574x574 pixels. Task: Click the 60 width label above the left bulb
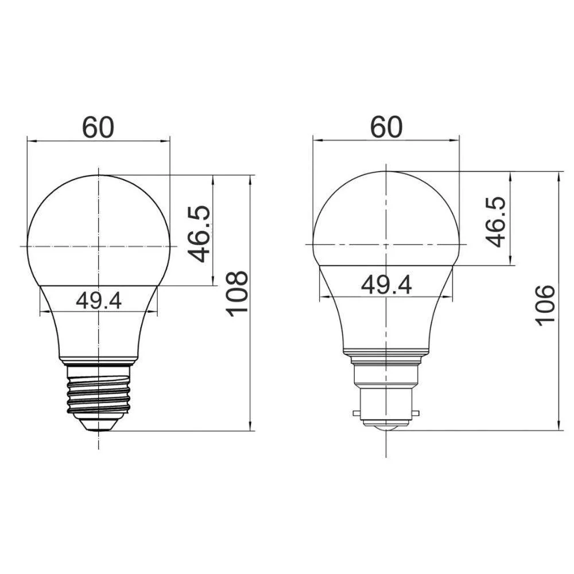(x=99, y=127)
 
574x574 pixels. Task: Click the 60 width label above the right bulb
(x=386, y=127)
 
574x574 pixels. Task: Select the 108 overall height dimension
(x=237, y=293)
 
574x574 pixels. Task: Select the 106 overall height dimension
(x=546, y=304)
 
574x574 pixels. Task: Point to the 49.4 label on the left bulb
(x=99, y=300)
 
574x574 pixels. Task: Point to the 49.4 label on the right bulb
(x=386, y=284)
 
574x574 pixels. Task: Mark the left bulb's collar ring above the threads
(x=99, y=361)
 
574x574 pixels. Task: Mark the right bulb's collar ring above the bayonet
(x=386, y=354)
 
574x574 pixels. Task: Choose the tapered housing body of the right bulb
(x=386, y=321)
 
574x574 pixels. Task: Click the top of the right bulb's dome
(x=386, y=172)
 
